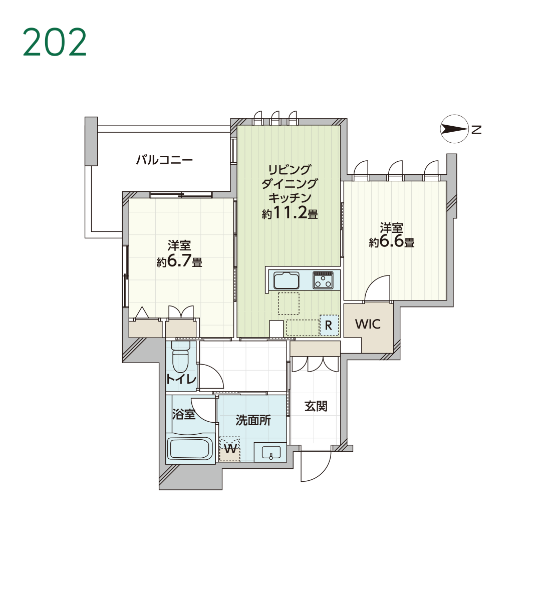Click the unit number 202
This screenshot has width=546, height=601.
55,42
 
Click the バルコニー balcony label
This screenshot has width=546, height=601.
164,160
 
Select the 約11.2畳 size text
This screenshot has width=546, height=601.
290,213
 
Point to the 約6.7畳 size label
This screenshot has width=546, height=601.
179,261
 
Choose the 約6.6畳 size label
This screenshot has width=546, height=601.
391,242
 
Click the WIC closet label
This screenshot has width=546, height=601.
368,324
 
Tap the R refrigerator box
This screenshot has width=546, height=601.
329,325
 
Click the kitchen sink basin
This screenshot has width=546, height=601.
287,280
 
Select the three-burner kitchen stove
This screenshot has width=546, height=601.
323,280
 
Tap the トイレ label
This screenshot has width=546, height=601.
181,380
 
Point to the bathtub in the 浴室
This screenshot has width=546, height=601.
190,449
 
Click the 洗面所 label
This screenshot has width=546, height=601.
253,420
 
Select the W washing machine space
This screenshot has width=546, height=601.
230,449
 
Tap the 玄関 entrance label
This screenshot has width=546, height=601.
316,406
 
